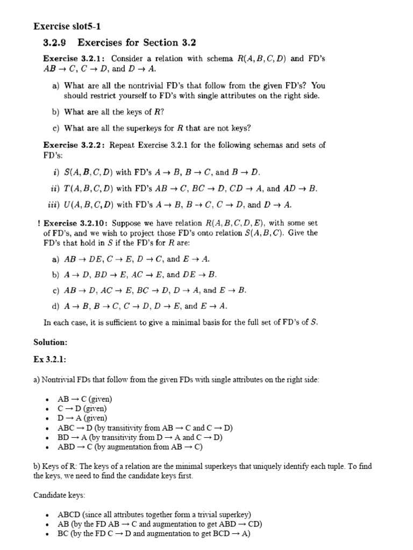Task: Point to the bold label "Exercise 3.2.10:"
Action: click(x=76, y=223)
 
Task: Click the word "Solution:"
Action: click(x=51, y=342)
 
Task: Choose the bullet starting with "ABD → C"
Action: click(x=130, y=446)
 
